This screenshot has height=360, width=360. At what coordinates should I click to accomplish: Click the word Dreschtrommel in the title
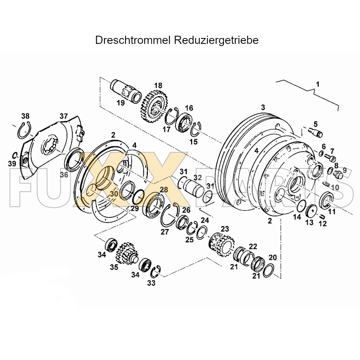point(132,40)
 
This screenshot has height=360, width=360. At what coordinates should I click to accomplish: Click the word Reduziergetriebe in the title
point(216,40)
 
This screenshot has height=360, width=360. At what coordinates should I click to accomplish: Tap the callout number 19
point(121,103)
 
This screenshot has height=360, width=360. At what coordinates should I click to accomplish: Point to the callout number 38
point(25,116)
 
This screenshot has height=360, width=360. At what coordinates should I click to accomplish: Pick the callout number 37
point(64,116)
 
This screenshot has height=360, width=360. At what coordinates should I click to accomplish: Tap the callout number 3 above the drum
point(263,107)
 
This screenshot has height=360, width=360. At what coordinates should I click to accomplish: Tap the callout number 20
point(273,257)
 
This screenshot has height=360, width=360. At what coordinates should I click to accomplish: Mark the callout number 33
point(151,283)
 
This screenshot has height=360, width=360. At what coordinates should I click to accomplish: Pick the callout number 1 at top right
point(318,84)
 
